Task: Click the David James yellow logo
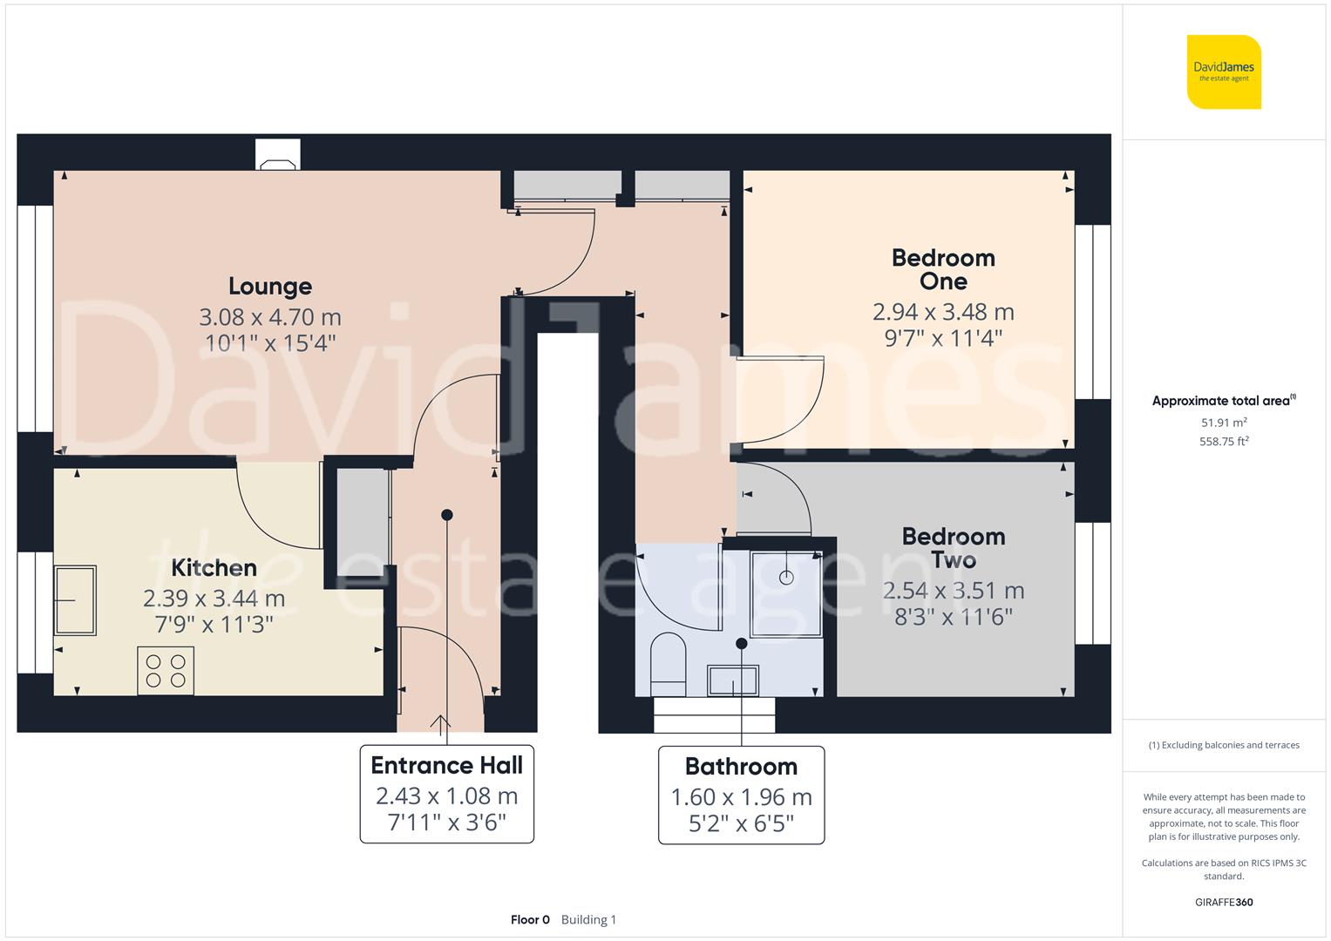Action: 1224,72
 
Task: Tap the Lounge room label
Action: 270,286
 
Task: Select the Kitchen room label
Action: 214,568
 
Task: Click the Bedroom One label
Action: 943,269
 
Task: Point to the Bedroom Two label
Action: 953,548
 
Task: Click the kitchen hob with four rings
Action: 166,671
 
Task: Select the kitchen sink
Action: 75,600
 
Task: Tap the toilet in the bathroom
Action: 669,660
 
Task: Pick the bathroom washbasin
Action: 733,680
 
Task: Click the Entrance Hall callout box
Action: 446,794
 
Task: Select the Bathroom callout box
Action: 741,795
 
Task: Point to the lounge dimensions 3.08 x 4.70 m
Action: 270,317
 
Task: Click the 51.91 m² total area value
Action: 1224,423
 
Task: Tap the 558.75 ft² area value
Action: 1224,442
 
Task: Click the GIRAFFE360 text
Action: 1224,902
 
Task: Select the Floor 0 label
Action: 530,920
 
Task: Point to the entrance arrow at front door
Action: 440,722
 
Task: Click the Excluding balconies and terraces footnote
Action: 1224,745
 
